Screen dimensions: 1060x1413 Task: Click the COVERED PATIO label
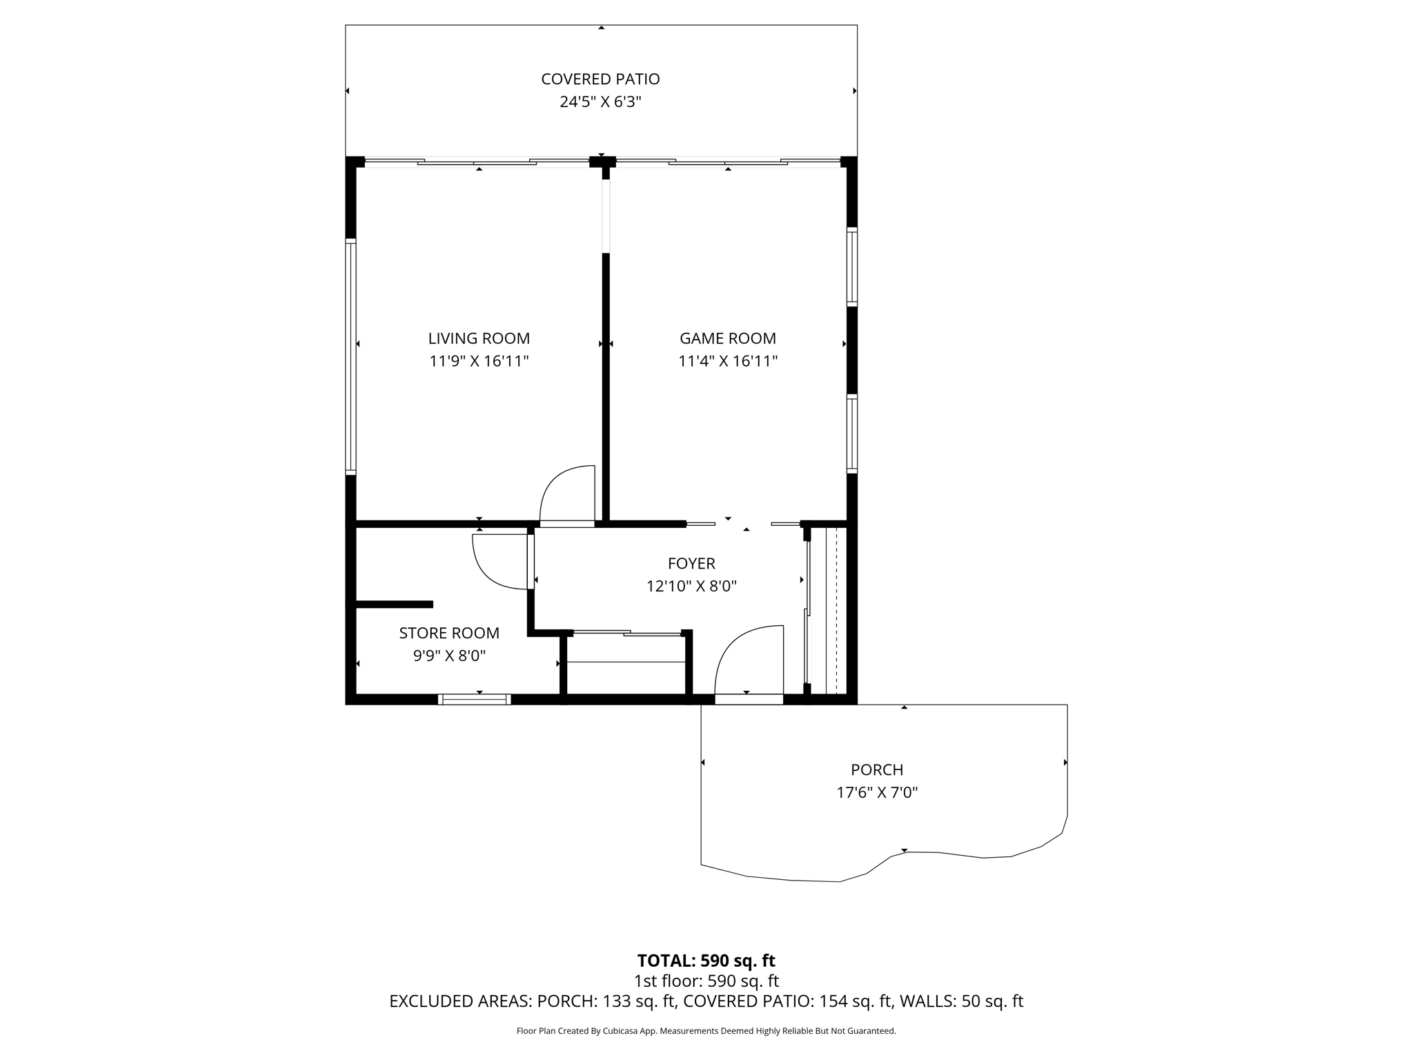point(600,79)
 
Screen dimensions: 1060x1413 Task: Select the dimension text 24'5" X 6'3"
point(600,102)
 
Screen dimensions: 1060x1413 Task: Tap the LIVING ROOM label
point(479,339)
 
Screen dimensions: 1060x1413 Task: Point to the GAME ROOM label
point(728,339)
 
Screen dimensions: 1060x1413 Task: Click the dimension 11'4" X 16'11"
point(728,362)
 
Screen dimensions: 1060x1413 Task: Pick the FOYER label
point(691,564)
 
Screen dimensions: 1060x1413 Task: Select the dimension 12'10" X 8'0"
point(691,587)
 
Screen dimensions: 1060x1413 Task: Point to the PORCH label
point(877,770)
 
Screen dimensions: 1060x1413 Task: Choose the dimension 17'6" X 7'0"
point(877,793)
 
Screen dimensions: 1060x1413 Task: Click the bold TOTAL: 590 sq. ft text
point(706,961)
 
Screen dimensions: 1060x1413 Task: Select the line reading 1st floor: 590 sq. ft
point(706,981)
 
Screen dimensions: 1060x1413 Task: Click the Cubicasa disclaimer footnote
point(706,1031)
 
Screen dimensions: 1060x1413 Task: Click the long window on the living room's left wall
point(350,357)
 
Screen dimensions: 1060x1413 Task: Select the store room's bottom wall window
point(475,699)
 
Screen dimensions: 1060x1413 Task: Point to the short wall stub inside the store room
point(394,605)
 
